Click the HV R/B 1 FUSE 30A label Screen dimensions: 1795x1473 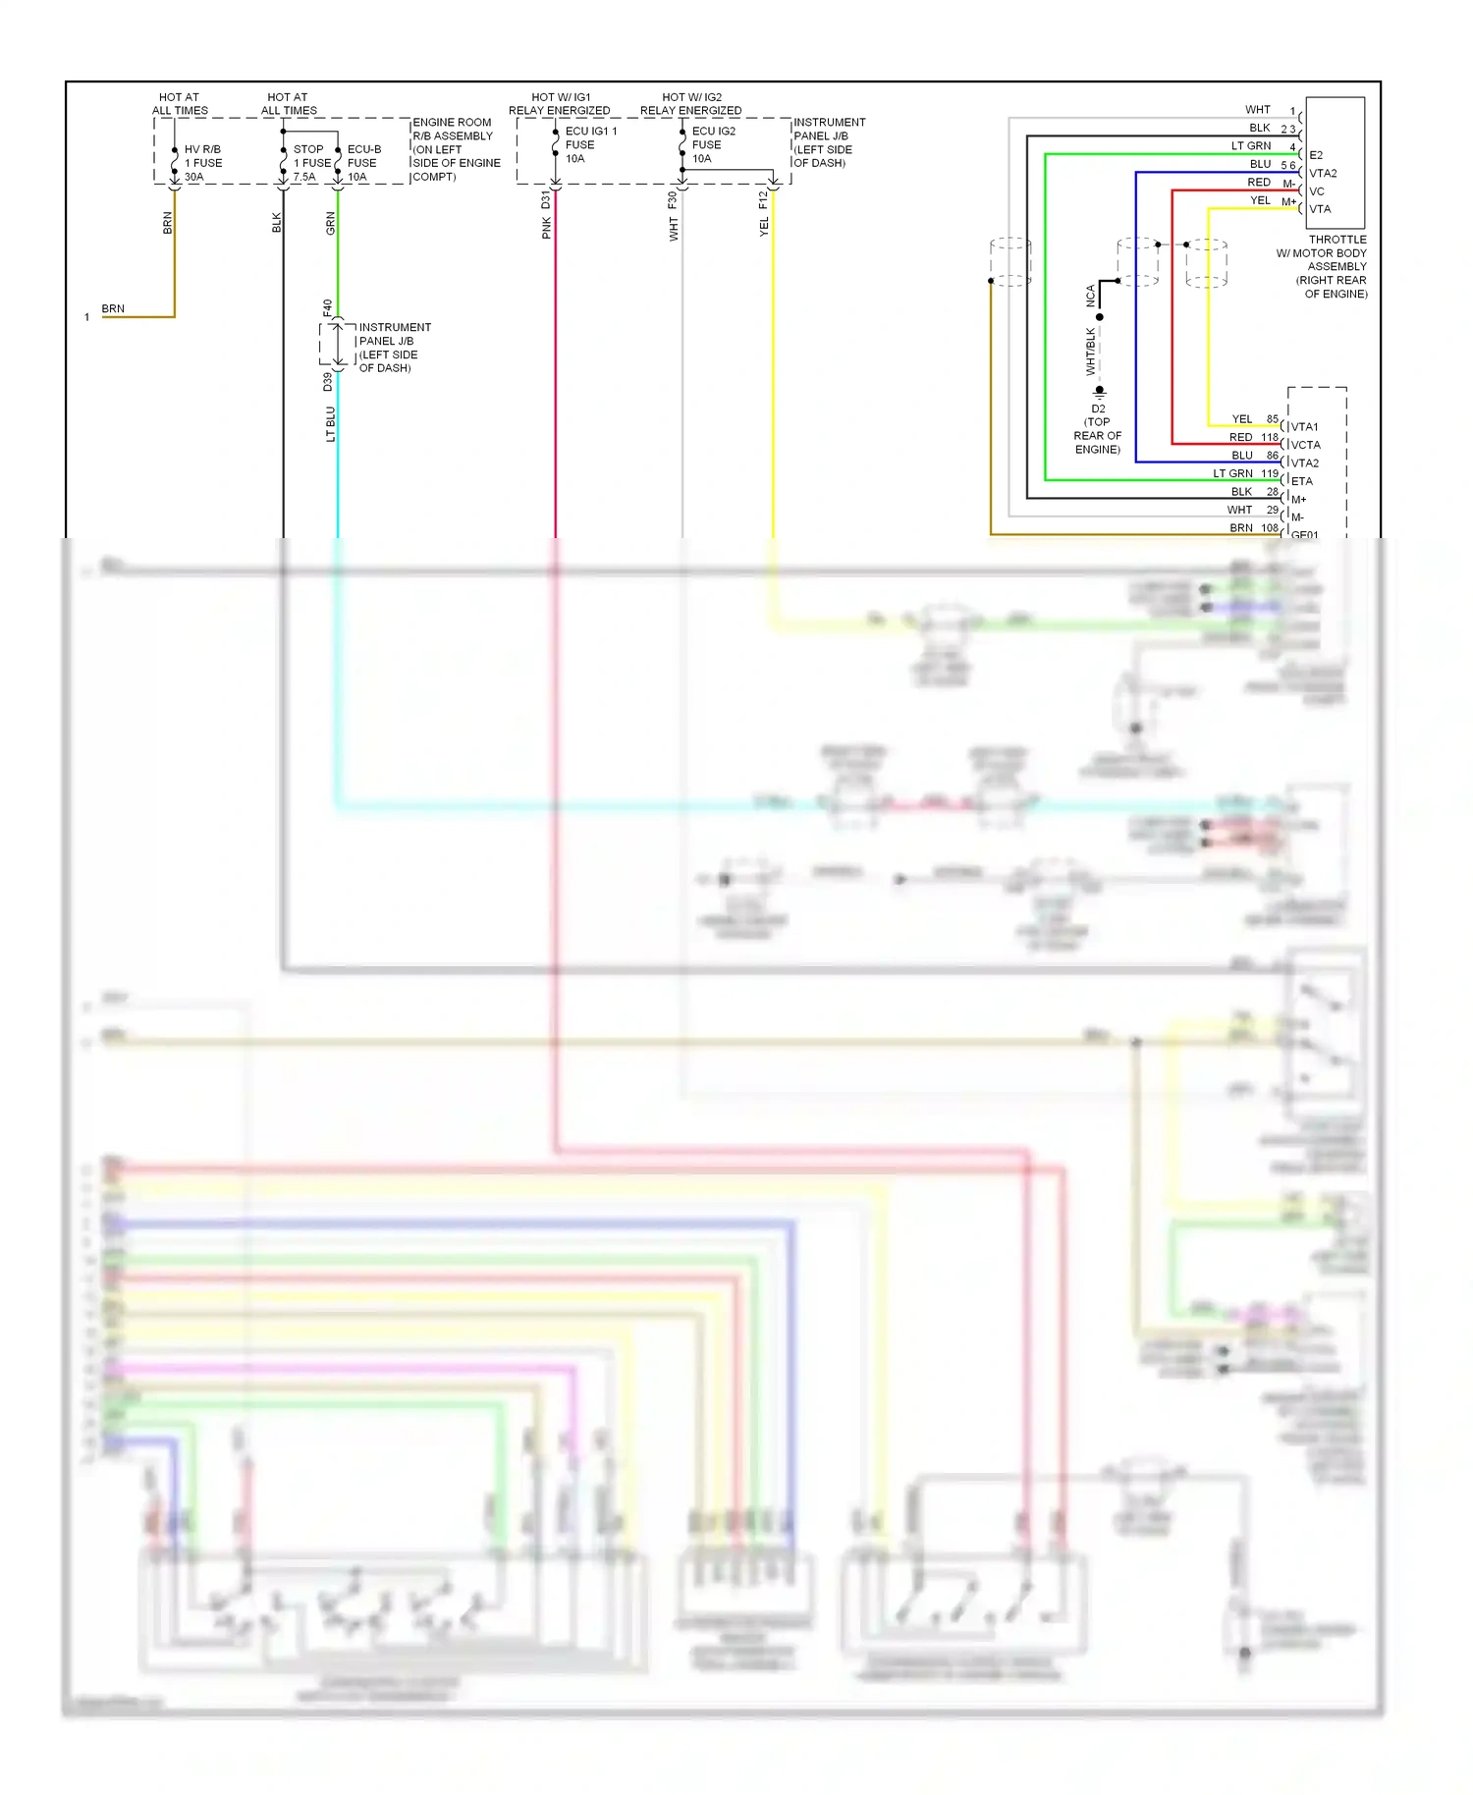(202, 163)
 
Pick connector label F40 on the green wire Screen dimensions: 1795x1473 (328, 307)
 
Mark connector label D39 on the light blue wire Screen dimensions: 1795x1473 (328, 382)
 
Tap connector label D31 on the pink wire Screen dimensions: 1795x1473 (546, 200)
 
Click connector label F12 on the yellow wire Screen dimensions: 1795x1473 (763, 199)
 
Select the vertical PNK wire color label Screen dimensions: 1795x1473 (546, 229)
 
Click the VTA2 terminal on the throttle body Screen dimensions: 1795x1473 (1323, 174)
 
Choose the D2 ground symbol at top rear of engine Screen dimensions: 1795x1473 (1099, 393)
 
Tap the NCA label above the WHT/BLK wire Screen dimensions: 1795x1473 (1090, 296)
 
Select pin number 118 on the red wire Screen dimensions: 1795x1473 (1270, 438)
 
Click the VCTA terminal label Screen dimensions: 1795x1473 (1305, 445)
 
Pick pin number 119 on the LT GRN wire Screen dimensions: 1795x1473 (1270, 474)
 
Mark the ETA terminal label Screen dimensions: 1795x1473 (1301, 481)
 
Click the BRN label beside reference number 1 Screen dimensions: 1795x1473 (113, 308)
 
